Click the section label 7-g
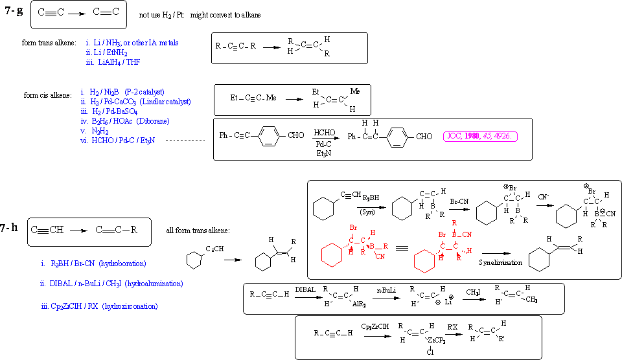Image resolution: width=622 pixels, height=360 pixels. [x=14, y=11]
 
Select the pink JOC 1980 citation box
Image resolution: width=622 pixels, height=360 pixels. [x=480, y=137]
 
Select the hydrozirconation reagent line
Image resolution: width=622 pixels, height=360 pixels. [x=98, y=306]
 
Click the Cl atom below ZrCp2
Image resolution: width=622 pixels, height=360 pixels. [x=429, y=352]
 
